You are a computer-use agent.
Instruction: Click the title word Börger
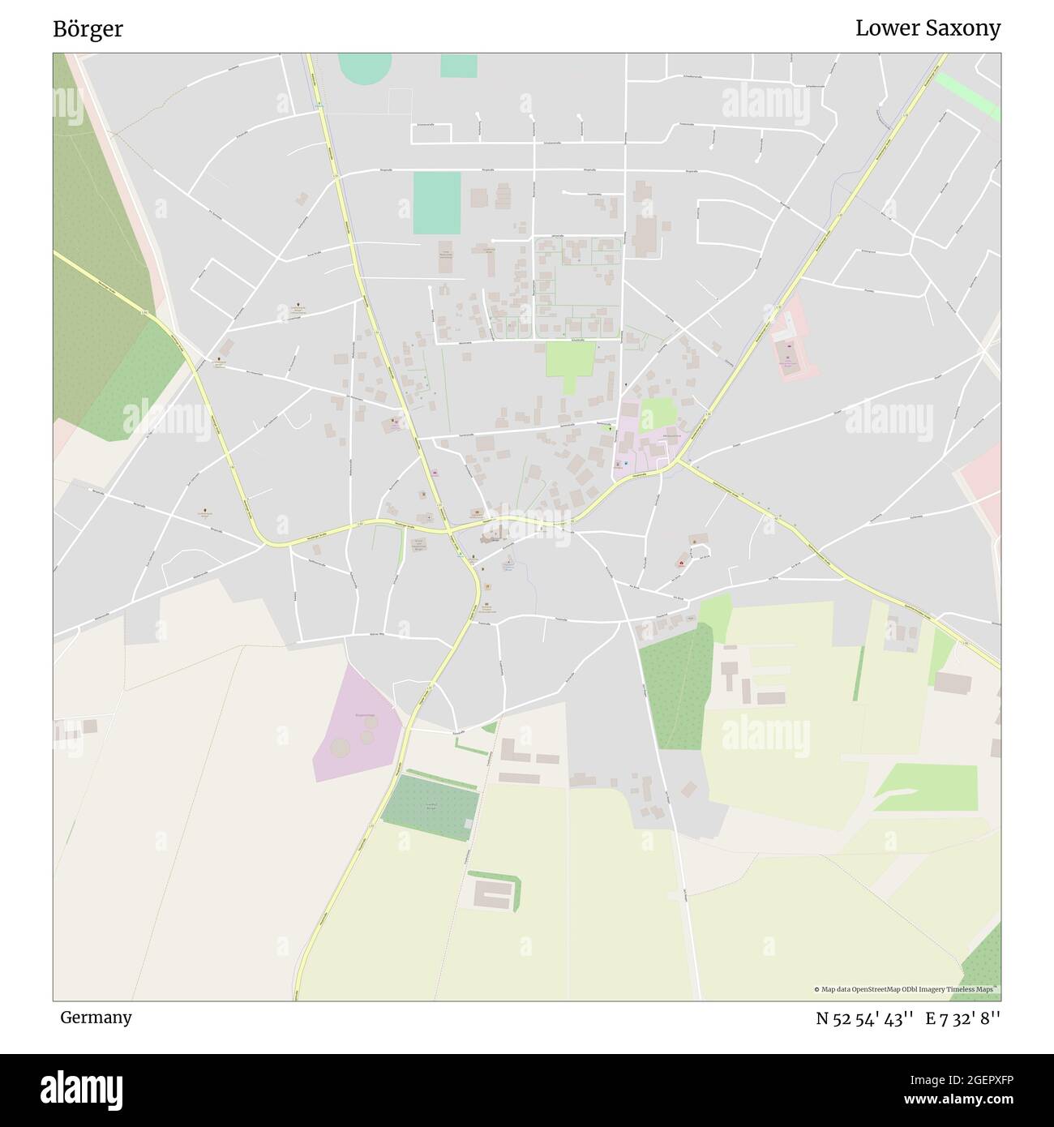click(88, 29)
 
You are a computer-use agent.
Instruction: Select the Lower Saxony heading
click(928, 28)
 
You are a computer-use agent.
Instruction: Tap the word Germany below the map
click(96, 1018)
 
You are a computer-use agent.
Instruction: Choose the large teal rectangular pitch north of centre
click(436, 203)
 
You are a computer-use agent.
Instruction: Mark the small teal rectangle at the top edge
click(459, 66)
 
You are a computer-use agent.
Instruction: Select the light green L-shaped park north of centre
click(570, 362)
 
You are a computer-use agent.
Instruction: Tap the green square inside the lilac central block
click(658, 414)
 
